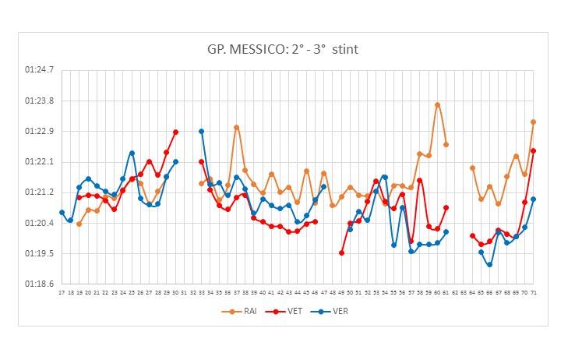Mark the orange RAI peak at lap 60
(437, 104)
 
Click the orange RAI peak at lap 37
(236, 127)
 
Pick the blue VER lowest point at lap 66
(489, 265)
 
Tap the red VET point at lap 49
(341, 252)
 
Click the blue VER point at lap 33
(201, 131)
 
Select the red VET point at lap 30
(175, 132)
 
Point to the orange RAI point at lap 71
(533, 122)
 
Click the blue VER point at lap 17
(62, 212)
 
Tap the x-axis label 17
(62, 293)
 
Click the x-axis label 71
(533, 293)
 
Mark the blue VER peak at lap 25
(132, 153)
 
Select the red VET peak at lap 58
(420, 180)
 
